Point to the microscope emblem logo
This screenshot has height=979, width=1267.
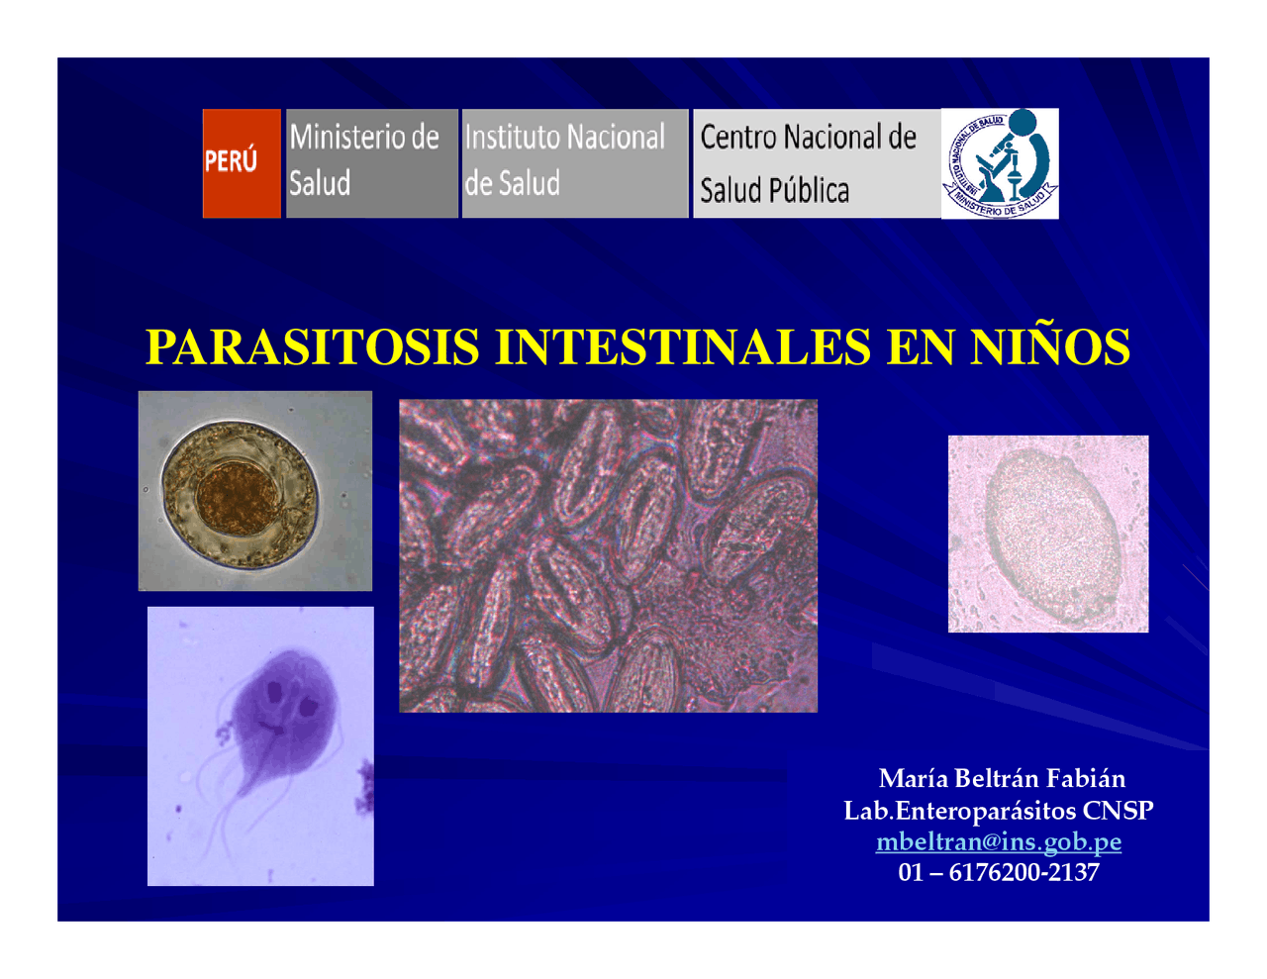[1000, 162]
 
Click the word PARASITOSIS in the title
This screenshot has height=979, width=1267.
[313, 347]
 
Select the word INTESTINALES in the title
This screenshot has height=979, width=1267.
[683, 347]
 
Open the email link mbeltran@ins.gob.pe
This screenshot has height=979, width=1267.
[998, 841]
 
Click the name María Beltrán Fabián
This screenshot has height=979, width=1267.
[1001, 778]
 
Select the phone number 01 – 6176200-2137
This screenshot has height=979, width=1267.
[998, 872]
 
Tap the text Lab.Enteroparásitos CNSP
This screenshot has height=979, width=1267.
[998, 810]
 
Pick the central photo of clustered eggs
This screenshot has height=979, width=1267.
[608, 555]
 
